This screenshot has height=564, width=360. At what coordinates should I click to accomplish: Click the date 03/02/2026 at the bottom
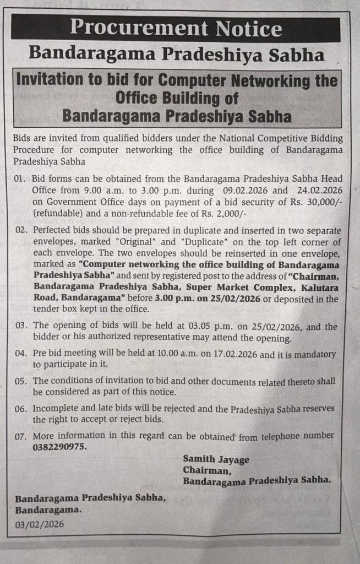click(x=39, y=524)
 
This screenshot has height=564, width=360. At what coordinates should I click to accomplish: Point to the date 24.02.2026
click(x=316, y=191)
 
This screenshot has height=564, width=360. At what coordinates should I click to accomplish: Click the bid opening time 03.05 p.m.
click(x=177, y=327)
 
